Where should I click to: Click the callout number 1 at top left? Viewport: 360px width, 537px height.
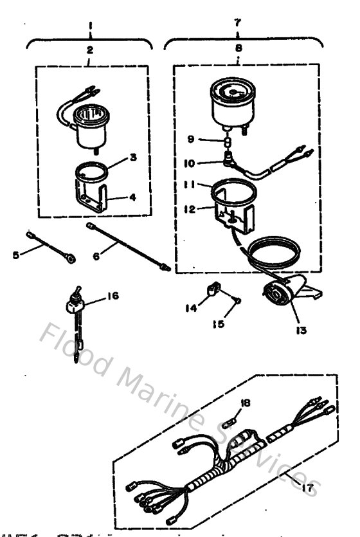(90, 26)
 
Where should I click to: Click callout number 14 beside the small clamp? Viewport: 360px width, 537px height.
(192, 308)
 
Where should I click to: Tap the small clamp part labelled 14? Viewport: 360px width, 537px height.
(212, 291)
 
